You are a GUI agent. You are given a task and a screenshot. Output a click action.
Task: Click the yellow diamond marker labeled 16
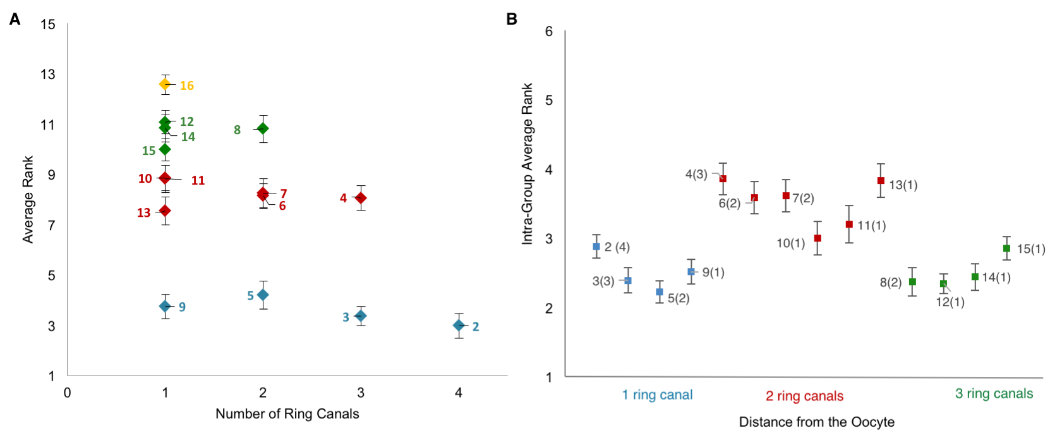(165, 84)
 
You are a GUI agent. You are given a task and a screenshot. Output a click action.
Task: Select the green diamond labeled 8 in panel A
(263, 128)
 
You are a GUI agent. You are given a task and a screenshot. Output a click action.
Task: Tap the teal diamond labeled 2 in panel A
(459, 325)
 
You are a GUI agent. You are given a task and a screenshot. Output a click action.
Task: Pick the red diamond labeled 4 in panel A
(361, 198)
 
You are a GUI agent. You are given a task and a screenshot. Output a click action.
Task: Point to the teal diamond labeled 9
(165, 306)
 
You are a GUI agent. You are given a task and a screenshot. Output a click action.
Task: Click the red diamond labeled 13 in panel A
(165, 211)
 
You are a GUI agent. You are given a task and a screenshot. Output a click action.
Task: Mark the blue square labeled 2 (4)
(596, 247)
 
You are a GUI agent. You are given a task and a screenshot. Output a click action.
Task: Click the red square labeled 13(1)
(881, 181)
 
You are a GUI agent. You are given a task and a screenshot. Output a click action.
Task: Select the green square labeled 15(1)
(1006, 248)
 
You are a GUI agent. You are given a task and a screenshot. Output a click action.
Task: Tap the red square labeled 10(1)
(818, 238)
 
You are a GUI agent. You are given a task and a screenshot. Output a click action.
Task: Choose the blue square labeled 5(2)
(660, 292)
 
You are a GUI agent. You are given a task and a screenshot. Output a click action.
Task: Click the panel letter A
(15, 20)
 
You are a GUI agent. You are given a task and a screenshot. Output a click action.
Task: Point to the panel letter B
(512, 20)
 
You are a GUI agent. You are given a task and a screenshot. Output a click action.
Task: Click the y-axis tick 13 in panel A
(48, 75)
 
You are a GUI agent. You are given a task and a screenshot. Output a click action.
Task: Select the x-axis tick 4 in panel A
(459, 393)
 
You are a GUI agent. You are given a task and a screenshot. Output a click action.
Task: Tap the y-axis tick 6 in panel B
(549, 32)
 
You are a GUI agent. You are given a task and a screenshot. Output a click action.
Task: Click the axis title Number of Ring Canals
(287, 414)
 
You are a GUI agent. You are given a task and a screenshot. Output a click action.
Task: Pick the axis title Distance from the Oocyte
(816, 422)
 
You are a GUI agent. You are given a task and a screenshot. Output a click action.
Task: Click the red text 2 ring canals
(804, 396)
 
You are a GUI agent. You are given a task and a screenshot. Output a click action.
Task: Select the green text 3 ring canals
(994, 394)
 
